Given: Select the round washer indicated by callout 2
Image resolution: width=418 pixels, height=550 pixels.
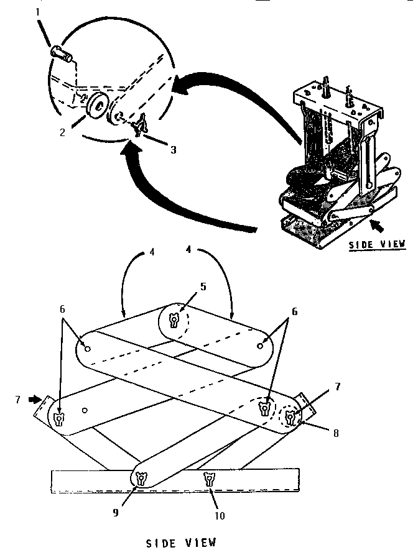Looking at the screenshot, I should (x=97, y=105).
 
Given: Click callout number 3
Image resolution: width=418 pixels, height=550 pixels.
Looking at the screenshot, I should (x=174, y=150).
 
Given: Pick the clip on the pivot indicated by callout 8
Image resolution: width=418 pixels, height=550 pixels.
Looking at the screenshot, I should (x=290, y=417).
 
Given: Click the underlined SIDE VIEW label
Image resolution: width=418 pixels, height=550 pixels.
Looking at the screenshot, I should (x=376, y=244).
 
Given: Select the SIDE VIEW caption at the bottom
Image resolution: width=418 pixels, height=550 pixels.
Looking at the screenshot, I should (x=181, y=542).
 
